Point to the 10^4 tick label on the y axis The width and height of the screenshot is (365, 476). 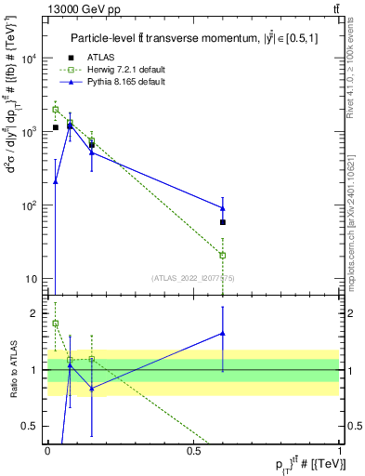(29, 59)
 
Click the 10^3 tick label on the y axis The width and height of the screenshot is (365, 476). (29, 132)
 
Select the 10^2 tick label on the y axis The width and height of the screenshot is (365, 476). (29, 205)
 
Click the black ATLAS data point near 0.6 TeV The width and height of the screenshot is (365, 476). (223, 222)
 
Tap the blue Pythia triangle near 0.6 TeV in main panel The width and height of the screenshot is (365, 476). (223, 207)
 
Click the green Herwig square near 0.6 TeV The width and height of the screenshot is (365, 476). (223, 255)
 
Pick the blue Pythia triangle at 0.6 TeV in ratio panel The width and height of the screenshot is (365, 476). (223, 333)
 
